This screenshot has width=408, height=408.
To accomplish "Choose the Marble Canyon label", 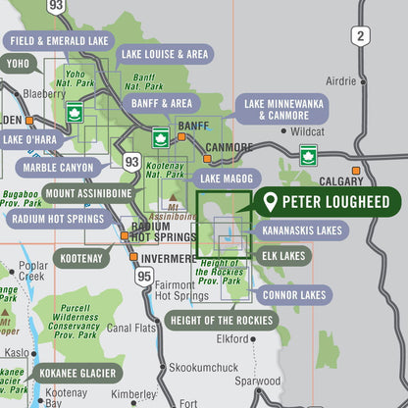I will tap(60, 168).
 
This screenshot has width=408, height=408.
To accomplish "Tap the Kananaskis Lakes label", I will tap(302, 230).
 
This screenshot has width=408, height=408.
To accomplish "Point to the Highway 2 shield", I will tap(362, 36).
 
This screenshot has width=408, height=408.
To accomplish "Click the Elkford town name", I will tap(232, 339).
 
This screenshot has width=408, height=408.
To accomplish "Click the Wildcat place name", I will tap(307, 130).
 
